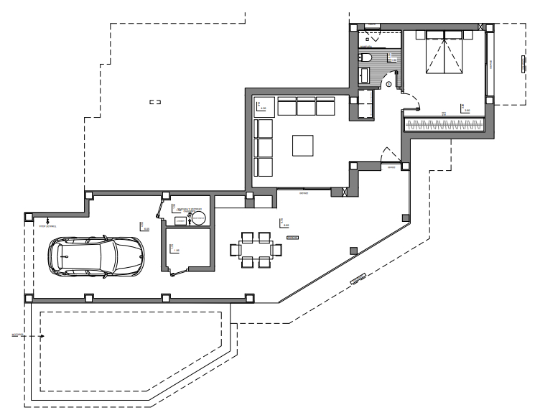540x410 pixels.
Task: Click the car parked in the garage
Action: (x=95, y=255)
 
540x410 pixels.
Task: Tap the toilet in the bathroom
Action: (x=364, y=57)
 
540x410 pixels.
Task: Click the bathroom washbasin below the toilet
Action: (x=363, y=75)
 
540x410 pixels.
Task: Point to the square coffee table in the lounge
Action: (x=302, y=146)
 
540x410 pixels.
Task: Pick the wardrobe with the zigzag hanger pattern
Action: (x=445, y=124)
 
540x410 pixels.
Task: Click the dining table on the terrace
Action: (x=254, y=249)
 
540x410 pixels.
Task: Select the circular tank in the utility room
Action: (x=192, y=220)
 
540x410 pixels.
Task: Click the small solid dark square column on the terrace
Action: (x=353, y=249)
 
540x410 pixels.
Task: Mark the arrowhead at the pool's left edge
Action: (x=42, y=335)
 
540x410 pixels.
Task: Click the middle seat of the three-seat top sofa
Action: (x=307, y=107)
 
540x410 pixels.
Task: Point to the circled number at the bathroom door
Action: (x=388, y=84)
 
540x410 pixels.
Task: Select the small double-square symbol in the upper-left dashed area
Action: (x=154, y=103)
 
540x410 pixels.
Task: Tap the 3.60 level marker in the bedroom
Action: (x=466, y=108)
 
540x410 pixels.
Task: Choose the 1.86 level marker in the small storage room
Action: (x=173, y=249)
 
